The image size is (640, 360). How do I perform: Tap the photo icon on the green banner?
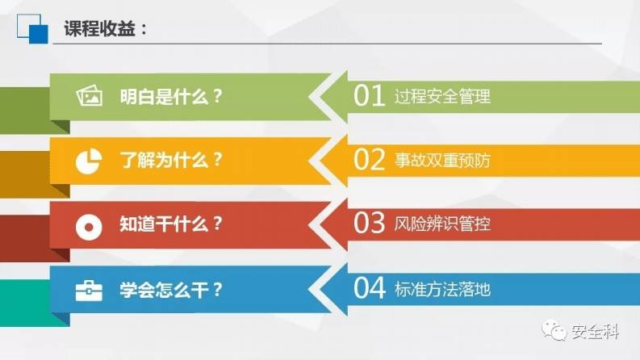89,97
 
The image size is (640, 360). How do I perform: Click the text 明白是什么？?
171,96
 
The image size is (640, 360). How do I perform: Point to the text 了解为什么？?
171,160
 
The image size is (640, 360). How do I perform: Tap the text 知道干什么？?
171,224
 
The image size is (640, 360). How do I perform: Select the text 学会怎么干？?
171,289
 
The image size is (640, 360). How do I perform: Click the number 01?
370,96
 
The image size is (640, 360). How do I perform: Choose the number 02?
370,160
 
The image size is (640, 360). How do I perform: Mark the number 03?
370,224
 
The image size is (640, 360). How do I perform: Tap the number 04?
370,288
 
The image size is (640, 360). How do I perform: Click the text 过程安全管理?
442,97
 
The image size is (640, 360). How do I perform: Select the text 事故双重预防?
442,161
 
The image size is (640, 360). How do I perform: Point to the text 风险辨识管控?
442,224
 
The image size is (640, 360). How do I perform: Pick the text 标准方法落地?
442,289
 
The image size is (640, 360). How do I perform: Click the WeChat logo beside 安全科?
555,330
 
